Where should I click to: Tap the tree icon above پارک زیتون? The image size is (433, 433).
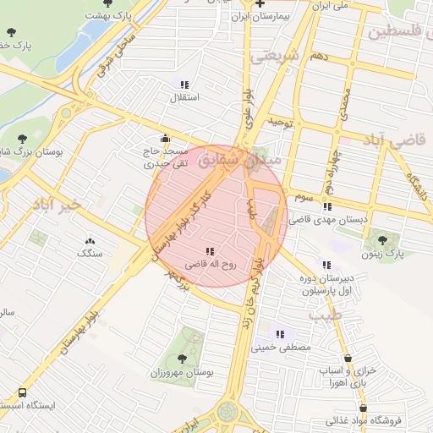(x=384, y=239)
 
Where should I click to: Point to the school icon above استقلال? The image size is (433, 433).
(x=185, y=84)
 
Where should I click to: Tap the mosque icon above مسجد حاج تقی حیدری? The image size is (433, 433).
(x=164, y=139)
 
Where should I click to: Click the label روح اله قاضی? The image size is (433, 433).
(x=211, y=264)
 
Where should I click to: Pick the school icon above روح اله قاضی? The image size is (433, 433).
(x=210, y=250)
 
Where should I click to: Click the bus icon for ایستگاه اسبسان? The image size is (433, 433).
(x=22, y=393)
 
